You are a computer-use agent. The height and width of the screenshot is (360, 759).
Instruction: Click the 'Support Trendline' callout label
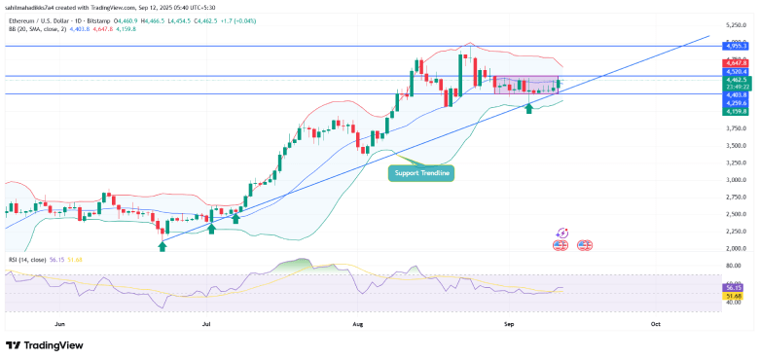[x=421, y=173]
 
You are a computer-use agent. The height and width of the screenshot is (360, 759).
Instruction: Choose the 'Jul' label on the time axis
[x=206, y=322]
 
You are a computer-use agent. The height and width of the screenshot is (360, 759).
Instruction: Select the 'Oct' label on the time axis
[x=655, y=322]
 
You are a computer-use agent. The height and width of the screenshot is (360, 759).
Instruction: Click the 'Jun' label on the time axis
[x=60, y=322]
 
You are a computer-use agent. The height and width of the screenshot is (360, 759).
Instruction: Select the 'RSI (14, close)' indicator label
[x=26, y=261]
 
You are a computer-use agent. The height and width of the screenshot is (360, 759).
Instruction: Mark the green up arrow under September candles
[x=528, y=107]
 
